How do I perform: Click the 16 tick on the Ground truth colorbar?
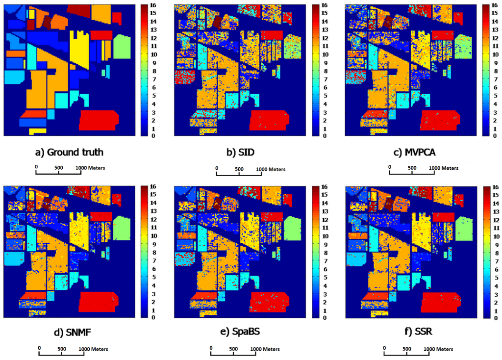click(x=151, y=6)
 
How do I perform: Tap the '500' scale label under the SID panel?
click(x=239, y=169)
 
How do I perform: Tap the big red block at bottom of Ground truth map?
click(x=99, y=119)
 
